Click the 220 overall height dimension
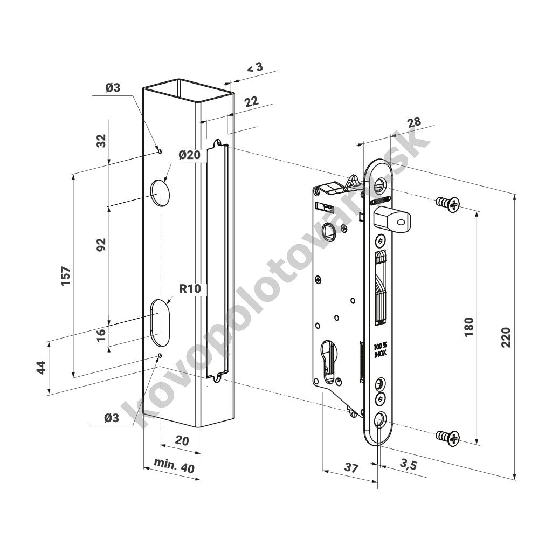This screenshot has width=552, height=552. pyautogui.click(x=506, y=337)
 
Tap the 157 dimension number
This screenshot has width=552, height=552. pyautogui.click(x=66, y=276)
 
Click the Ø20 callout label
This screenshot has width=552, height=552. pyautogui.click(x=189, y=155)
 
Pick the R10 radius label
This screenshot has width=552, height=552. pyautogui.click(x=190, y=289)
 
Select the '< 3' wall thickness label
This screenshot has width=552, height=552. pyautogui.click(x=256, y=67)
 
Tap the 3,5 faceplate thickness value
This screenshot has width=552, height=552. pyautogui.click(x=409, y=465)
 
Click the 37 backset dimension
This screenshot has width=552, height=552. pyautogui.click(x=351, y=467)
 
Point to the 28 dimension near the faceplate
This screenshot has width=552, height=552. pyautogui.click(x=413, y=122)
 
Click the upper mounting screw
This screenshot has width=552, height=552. pyautogui.click(x=447, y=203)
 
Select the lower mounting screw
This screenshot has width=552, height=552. pyautogui.click(x=447, y=437)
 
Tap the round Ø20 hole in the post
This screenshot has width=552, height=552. pyautogui.click(x=160, y=192)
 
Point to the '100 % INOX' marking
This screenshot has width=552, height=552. pyautogui.click(x=380, y=349)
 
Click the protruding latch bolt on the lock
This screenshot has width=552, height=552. pyautogui.click(x=390, y=217)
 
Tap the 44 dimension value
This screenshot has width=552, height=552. pyautogui.click(x=42, y=368)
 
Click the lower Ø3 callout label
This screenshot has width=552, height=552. pyautogui.click(x=112, y=418)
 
